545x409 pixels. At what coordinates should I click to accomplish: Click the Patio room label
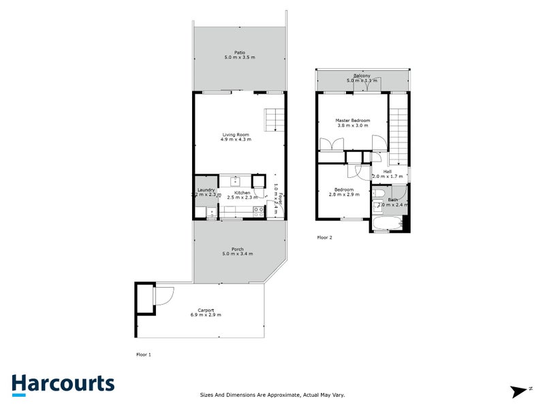tap(239, 52)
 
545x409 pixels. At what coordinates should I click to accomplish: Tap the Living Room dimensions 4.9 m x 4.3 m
tap(235, 139)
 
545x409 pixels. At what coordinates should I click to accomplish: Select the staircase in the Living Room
tap(274, 121)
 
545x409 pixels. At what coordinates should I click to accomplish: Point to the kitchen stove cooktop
tap(258, 211)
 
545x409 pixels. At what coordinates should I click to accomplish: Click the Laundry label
tap(206, 190)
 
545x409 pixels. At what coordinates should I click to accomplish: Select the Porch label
tap(237, 249)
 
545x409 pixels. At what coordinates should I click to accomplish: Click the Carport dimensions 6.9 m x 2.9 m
tap(206, 315)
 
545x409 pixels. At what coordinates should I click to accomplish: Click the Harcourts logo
tap(63, 383)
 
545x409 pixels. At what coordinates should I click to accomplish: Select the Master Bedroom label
tap(352, 120)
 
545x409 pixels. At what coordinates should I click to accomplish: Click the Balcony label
tap(361, 76)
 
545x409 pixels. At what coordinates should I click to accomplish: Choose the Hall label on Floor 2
tap(387, 171)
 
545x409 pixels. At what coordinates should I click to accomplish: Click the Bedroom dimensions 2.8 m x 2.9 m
tap(343, 195)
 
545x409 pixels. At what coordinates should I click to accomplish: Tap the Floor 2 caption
tap(324, 238)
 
